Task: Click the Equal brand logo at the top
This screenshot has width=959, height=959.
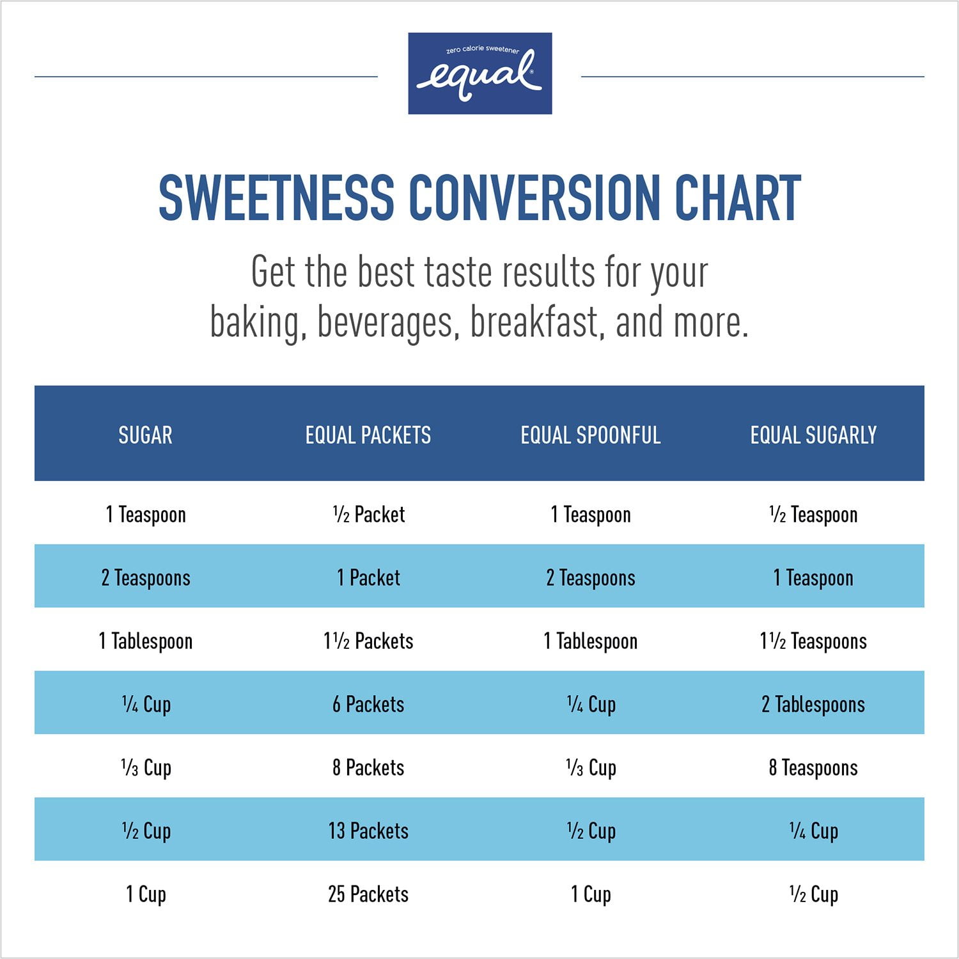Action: tap(479, 74)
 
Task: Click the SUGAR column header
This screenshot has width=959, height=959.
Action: tap(145, 435)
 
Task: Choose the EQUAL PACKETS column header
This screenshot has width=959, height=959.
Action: tap(368, 435)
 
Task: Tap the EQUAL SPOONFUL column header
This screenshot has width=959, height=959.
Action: tap(591, 435)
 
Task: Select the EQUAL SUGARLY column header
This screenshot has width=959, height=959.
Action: tap(813, 435)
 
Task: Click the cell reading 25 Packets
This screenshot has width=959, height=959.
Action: tap(368, 894)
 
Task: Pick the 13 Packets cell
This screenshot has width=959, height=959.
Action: tap(368, 830)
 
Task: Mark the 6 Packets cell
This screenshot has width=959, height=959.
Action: tap(368, 705)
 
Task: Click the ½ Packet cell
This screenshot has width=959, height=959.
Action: tap(369, 514)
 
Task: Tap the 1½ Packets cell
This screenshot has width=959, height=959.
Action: tap(368, 641)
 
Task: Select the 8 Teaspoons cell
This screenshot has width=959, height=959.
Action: tap(813, 767)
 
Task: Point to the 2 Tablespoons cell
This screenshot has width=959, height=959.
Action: tap(813, 705)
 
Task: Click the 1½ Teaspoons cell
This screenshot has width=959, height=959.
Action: tap(813, 641)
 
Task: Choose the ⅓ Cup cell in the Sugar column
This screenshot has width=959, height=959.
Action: tap(146, 767)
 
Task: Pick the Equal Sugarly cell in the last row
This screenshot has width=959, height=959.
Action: tap(813, 894)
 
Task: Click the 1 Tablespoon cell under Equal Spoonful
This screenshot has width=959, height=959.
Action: tap(591, 641)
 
